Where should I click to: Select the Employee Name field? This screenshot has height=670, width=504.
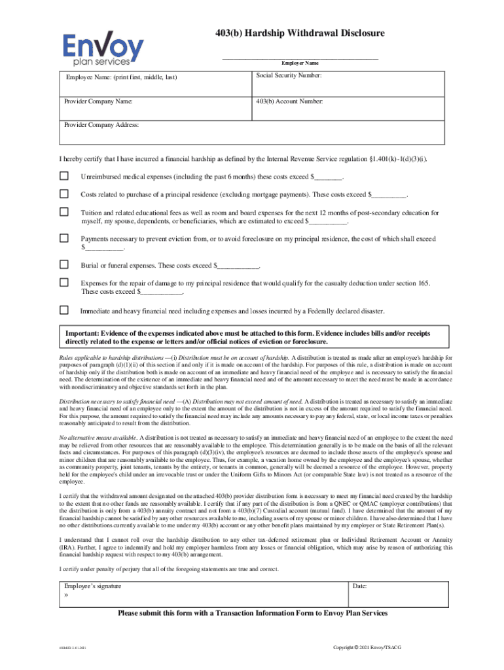point(155,84)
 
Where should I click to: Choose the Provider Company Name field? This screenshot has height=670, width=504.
point(155,108)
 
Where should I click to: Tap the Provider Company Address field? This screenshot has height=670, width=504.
point(252,132)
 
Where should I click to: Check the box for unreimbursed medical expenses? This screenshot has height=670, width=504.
point(64,176)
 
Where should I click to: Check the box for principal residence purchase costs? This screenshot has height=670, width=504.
point(64,194)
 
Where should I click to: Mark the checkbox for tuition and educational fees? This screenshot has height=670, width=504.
point(64,212)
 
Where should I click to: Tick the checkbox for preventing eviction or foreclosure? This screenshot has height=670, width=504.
point(64,239)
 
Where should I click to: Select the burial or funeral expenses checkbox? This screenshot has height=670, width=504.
point(64,265)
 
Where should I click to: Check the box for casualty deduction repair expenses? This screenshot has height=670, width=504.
point(64,283)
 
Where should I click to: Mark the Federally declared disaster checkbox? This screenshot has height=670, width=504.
point(64,309)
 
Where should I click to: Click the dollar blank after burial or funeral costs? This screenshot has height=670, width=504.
point(238,266)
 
